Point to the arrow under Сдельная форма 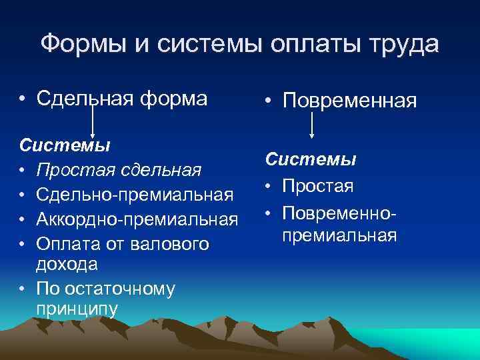(x=92, y=123)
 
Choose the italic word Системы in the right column (x=311, y=160)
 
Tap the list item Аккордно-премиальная (x=137, y=219)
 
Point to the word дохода (x=67, y=263)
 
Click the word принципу (x=77, y=309)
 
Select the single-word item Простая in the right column (x=317, y=185)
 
